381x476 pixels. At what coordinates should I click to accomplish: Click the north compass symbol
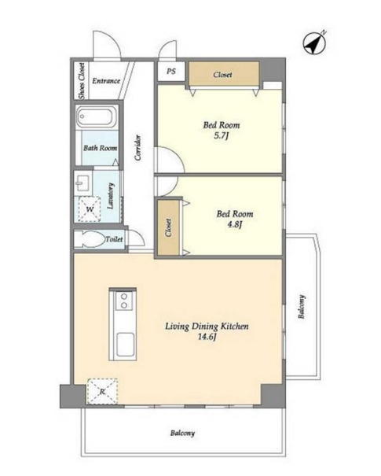tap(315, 43)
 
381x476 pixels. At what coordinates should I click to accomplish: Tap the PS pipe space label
tap(171, 72)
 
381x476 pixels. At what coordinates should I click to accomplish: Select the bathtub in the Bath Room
tap(97, 117)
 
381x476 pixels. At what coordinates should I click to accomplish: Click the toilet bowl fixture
tap(89, 239)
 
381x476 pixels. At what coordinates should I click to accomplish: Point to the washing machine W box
tap(90, 209)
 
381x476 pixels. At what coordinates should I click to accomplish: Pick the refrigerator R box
tap(102, 391)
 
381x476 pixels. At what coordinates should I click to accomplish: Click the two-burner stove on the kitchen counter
tap(123, 301)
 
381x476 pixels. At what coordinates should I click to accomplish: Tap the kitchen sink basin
tap(125, 345)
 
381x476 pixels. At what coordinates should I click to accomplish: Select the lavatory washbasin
tap(82, 183)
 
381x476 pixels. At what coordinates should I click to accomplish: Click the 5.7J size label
tap(221, 135)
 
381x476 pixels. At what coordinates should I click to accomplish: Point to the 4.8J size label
tap(235, 225)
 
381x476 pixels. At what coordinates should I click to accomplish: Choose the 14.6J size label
tap(207, 337)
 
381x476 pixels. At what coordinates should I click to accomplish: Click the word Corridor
tap(138, 148)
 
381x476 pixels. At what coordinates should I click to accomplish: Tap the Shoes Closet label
tap(82, 81)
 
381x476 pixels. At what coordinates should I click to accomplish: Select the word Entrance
tap(106, 81)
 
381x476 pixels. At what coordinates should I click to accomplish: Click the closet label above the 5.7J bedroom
tap(222, 75)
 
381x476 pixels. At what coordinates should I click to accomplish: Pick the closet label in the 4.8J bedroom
tap(168, 227)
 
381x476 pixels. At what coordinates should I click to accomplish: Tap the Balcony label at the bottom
tap(182, 433)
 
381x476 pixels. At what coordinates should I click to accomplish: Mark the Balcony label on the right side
tap(302, 307)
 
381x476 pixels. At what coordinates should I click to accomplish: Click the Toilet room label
tap(114, 239)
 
